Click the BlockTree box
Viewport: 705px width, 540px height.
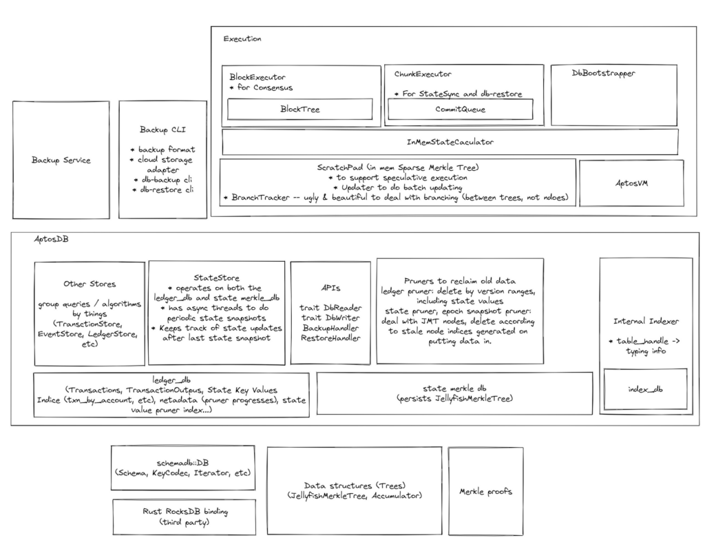pos(299,109)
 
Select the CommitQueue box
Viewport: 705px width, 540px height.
pos(460,109)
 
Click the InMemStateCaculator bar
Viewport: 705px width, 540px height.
pos(450,142)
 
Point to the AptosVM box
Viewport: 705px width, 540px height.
pos(631,183)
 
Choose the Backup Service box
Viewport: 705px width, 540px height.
pos(61,160)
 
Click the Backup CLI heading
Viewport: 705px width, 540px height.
pos(162,129)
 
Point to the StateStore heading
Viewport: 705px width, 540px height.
pos(217,278)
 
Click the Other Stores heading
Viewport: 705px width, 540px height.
pos(90,283)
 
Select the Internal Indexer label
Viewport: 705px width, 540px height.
pos(646,321)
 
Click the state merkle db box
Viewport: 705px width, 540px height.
pos(454,393)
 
